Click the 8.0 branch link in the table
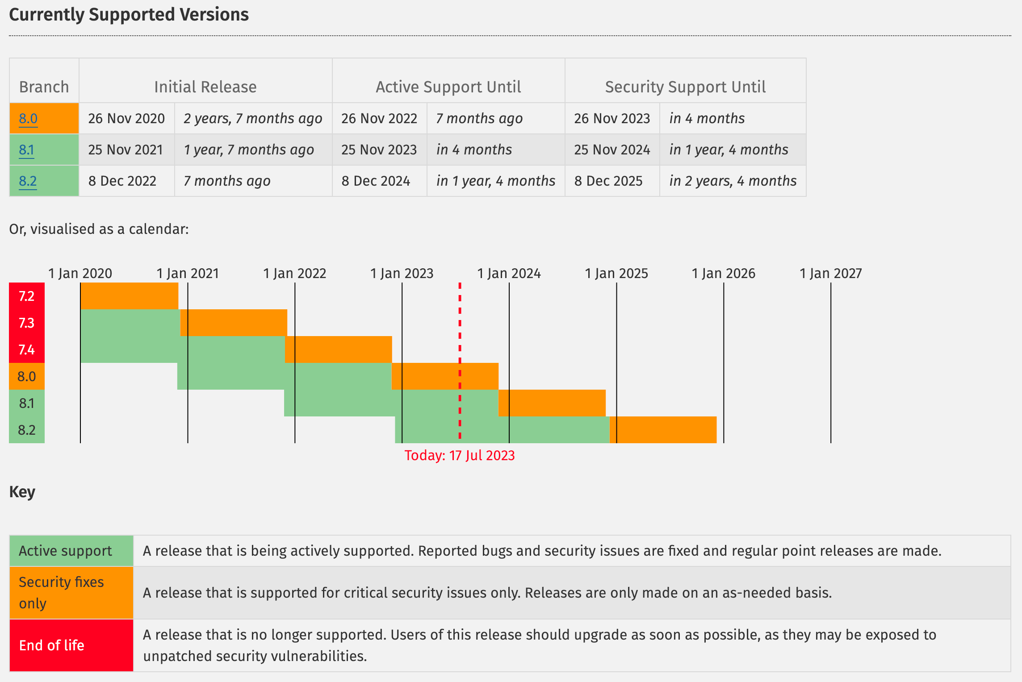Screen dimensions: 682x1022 click(x=28, y=119)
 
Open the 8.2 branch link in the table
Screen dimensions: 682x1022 click(x=28, y=181)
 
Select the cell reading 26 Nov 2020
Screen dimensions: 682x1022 click(x=126, y=119)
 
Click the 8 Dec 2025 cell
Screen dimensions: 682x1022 click(x=608, y=181)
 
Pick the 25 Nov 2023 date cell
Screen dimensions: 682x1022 click(x=379, y=150)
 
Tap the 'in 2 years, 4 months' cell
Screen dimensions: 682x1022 click(x=733, y=181)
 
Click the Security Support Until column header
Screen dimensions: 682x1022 click(x=685, y=87)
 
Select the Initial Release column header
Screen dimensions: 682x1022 click(x=205, y=87)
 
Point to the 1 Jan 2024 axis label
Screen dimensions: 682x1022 click(x=509, y=273)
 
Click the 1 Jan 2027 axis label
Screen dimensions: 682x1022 click(x=830, y=273)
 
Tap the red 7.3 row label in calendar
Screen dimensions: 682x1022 click(x=27, y=323)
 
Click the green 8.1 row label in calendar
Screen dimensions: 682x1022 click(x=27, y=403)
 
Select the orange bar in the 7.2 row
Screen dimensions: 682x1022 click(x=130, y=296)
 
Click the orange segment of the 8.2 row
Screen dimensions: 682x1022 click(x=663, y=430)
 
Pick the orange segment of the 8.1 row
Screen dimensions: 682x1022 click(x=552, y=403)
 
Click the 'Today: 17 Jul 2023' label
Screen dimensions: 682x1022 click(x=459, y=455)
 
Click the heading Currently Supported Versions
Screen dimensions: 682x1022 click(x=129, y=15)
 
